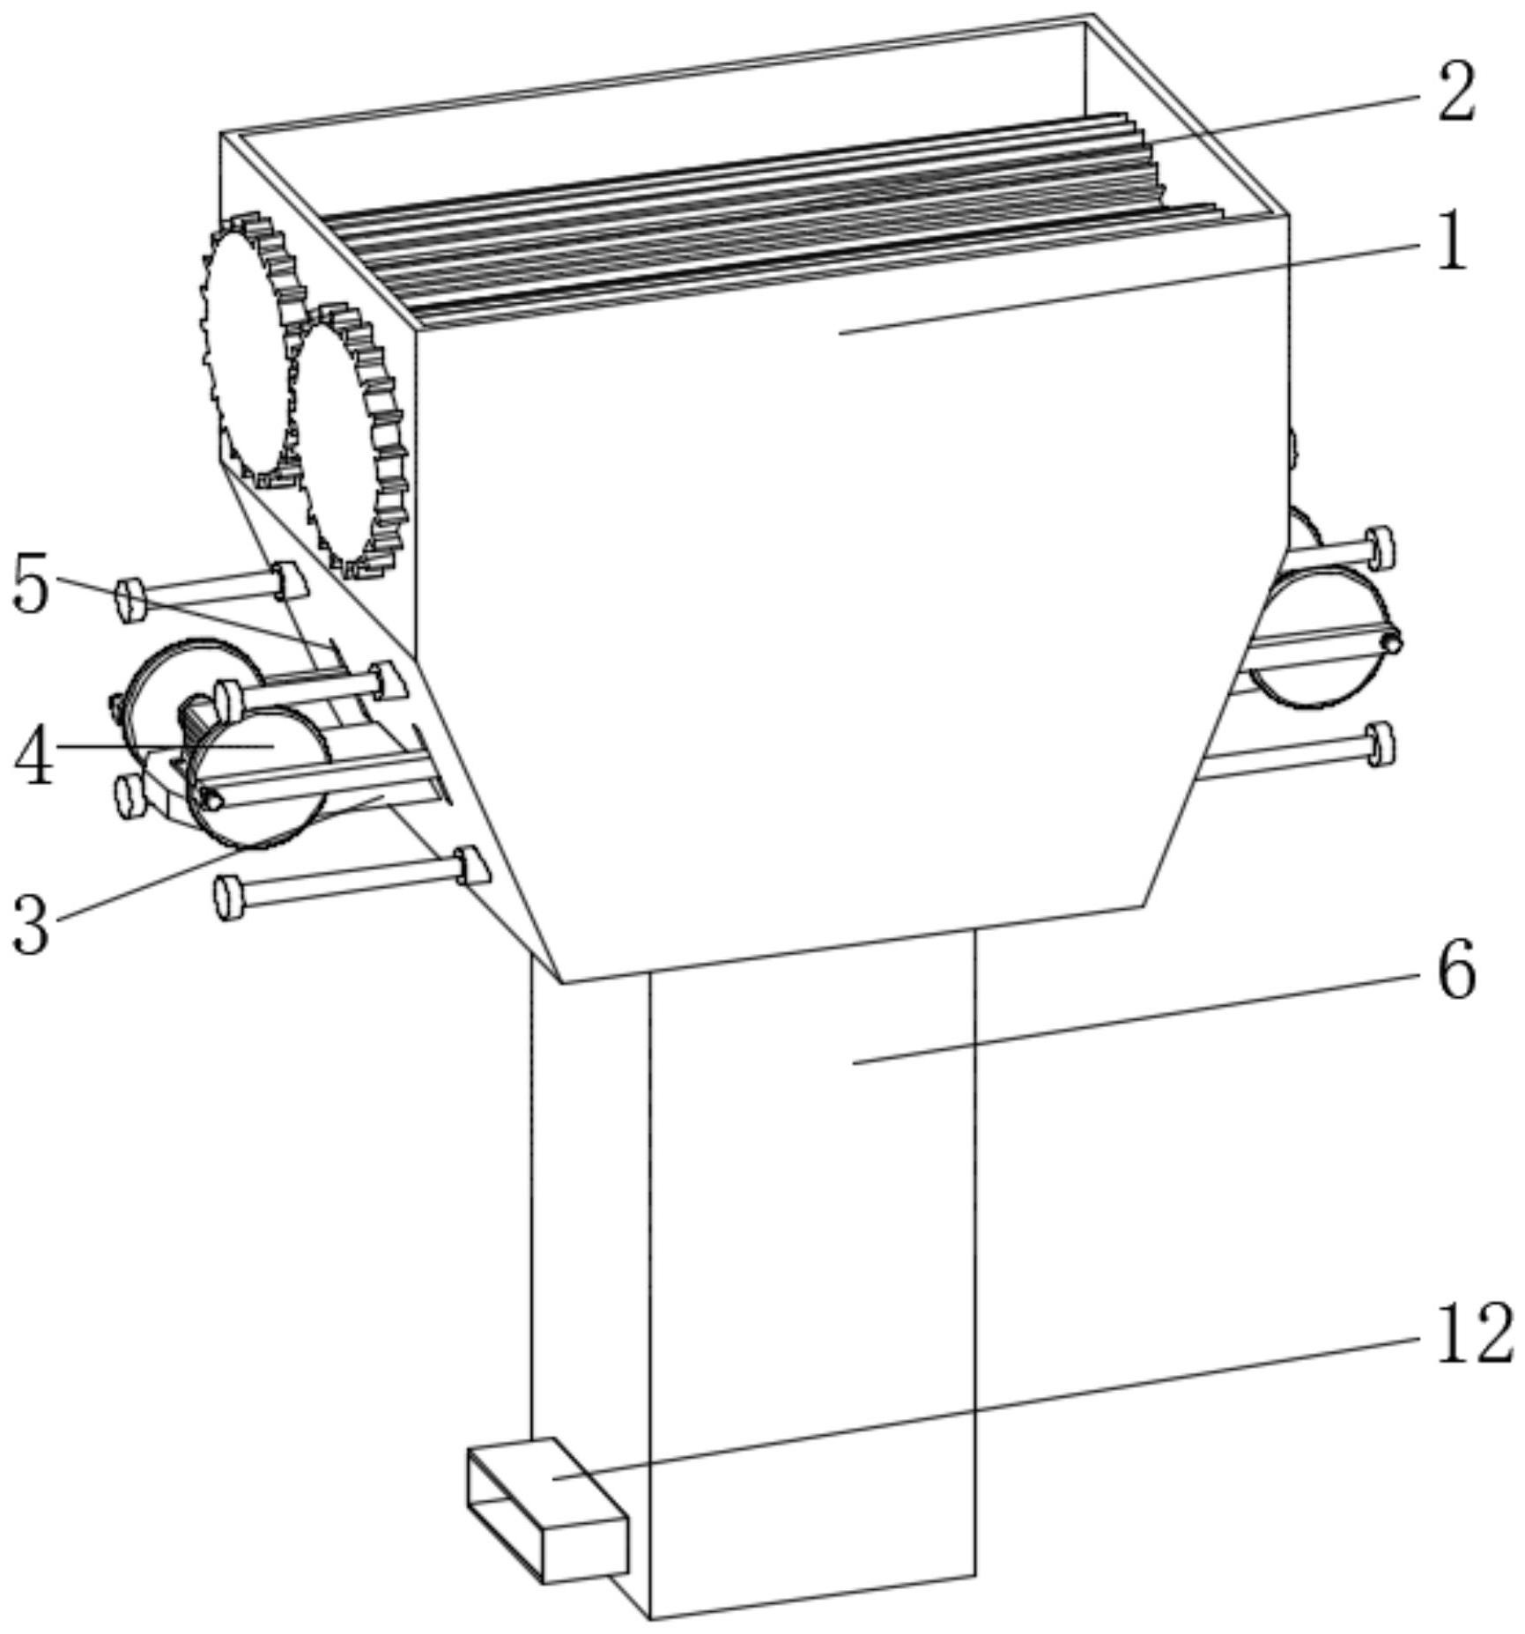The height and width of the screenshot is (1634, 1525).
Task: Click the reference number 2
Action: point(1455,93)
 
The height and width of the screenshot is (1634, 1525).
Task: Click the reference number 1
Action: point(1453,240)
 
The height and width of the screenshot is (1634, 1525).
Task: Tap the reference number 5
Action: point(31,586)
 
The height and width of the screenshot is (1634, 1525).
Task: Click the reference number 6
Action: point(1456,970)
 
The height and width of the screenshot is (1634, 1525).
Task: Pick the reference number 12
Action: point(1474,1335)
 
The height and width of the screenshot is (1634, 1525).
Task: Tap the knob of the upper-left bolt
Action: point(130,600)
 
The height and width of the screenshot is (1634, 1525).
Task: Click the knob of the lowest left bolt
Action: point(228,897)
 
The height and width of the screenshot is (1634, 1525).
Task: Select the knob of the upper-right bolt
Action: point(1379,547)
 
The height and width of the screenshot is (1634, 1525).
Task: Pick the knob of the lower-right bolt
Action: point(1381,744)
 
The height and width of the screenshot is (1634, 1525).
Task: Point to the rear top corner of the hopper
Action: point(1090,18)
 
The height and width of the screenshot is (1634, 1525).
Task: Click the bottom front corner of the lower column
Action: point(651,1619)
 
